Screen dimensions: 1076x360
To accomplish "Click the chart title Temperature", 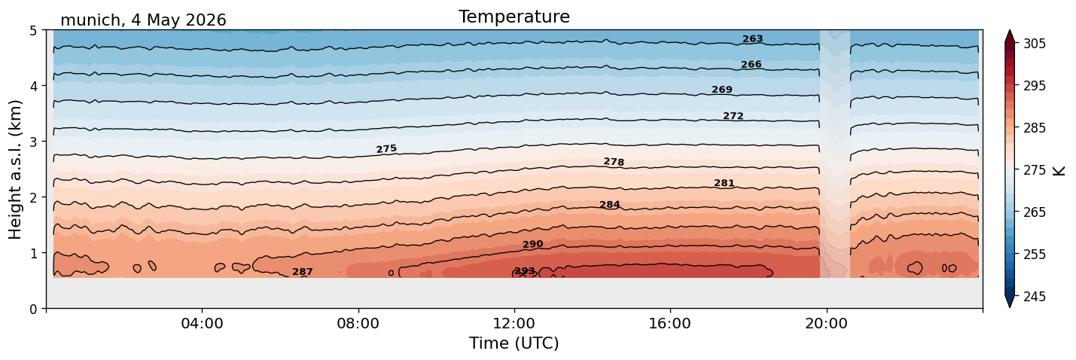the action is pyautogui.click(x=514, y=17).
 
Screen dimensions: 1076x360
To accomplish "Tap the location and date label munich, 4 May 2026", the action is pyautogui.click(x=143, y=20).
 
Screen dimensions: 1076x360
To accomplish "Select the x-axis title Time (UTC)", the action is pyautogui.click(x=514, y=343).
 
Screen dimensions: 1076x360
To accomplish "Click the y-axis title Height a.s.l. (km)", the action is pyautogui.click(x=15, y=169).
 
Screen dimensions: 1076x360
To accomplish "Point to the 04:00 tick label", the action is pyautogui.click(x=202, y=323).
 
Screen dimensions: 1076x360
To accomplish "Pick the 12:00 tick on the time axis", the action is pyautogui.click(x=514, y=323).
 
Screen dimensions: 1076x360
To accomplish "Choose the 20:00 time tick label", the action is pyautogui.click(x=826, y=323).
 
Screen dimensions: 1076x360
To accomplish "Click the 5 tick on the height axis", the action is pyautogui.click(x=33, y=31).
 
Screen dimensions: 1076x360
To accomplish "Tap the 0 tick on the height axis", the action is pyautogui.click(x=33, y=309).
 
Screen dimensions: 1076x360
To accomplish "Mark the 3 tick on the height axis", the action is pyautogui.click(x=33, y=142).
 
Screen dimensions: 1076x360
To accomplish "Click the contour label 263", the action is pyautogui.click(x=753, y=39).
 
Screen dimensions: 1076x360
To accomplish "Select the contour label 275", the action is pyautogui.click(x=387, y=149).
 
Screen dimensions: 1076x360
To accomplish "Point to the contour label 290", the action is pyautogui.click(x=532, y=244).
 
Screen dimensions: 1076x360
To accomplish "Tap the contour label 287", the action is pyautogui.click(x=303, y=272).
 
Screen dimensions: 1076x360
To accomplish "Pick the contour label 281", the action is pyautogui.click(x=724, y=183).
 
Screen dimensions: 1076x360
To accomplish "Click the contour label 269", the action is pyautogui.click(x=722, y=90).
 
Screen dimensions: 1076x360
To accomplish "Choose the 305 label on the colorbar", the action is pyautogui.click(x=1034, y=44).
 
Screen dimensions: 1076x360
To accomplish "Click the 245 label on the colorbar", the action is pyautogui.click(x=1034, y=297).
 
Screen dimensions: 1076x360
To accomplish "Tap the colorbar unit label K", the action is pyautogui.click(x=1058, y=170).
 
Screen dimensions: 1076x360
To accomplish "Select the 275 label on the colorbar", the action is pyautogui.click(x=1034, y=170).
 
